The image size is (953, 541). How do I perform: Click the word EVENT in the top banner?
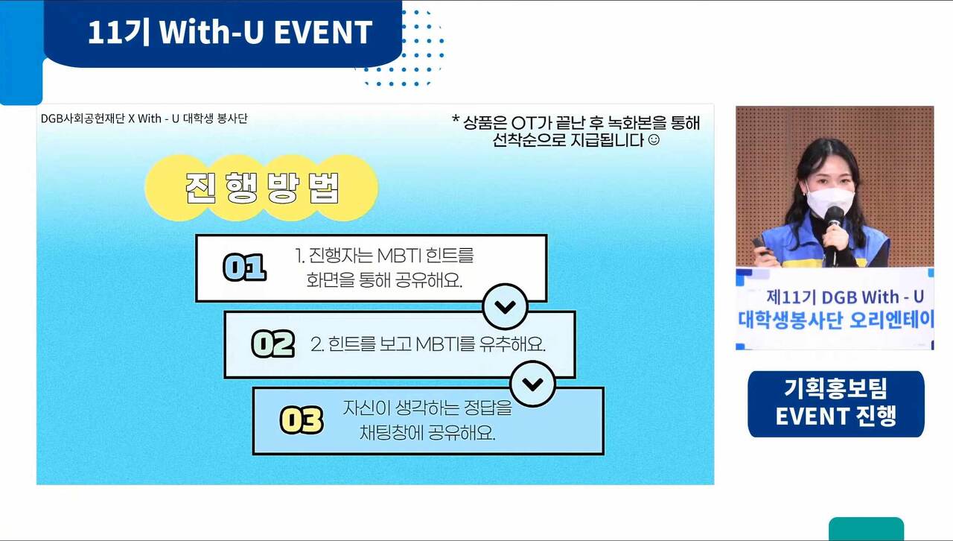(x=323, y=32)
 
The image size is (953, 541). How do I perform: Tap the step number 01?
(x=245, y=267)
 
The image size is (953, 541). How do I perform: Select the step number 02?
(x=272, y=344)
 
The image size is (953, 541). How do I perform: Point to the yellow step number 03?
(x=302, y=420)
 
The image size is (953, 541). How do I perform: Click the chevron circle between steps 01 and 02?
(x=505, y=307)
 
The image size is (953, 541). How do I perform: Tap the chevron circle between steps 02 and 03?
(x=532, y=384)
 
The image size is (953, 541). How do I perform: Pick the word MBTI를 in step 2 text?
(x=444, y=344)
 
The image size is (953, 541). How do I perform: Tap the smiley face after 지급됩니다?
(x=654, y=140)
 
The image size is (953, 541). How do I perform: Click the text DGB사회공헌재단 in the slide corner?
(x=83, y=118)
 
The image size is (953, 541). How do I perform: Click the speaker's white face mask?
(x=830, y=201)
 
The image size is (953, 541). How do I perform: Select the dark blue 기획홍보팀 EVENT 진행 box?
(x=836, y=404)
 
